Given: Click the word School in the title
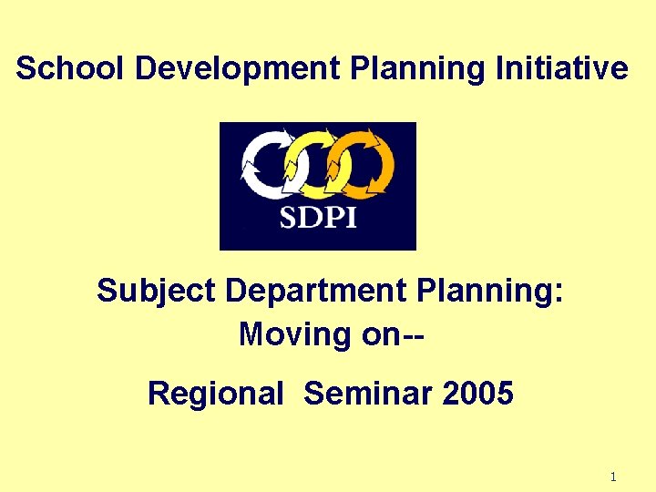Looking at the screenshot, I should click(58, 68).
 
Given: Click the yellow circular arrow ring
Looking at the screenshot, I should click(314, 165).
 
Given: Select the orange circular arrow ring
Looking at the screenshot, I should click(364, 165).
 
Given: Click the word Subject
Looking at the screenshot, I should click(156, 292).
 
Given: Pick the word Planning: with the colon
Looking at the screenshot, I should click(493, 292).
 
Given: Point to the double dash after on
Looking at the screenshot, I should click(413, 334).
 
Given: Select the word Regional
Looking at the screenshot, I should click(216, 394).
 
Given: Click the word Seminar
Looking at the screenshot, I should click(368, 394).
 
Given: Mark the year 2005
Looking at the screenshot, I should click(478, 394).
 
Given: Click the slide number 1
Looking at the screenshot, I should click(613, 477).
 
